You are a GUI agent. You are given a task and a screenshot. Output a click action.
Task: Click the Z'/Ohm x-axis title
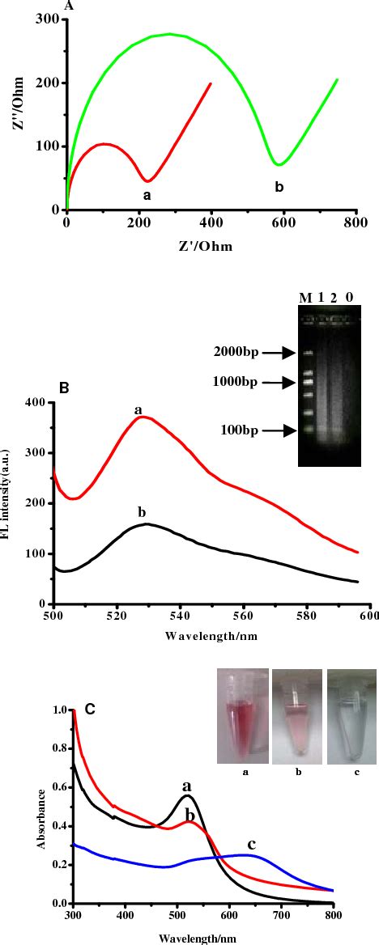pyautogui.click(x=198, y=247)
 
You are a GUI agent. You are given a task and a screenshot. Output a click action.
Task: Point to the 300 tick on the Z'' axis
pyautogui.click(x=48, y=19)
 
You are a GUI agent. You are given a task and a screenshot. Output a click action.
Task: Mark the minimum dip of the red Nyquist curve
pyautogui.click(x=147, y=180)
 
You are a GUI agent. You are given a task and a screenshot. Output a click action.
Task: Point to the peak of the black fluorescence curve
pyautogui.click(x=147, y=524)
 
